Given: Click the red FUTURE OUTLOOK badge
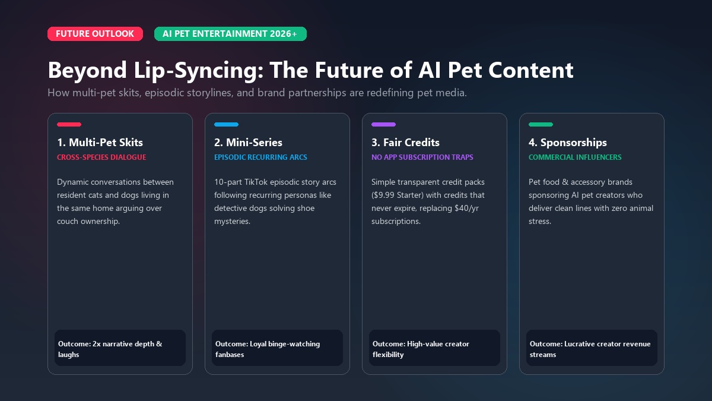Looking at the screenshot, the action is point(95,34).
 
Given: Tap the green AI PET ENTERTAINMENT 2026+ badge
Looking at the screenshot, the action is point(230,34).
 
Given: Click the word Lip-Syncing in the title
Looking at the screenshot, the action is point(199,70).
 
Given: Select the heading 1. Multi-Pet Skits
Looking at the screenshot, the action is point(100,142).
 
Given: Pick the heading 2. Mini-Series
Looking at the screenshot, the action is point(248,142).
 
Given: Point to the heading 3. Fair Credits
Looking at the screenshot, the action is point(405,142).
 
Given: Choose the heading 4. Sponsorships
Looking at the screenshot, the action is point(568,143).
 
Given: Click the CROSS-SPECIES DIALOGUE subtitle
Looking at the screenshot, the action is point(101,157).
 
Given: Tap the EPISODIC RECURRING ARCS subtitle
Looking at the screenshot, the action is point(260,157).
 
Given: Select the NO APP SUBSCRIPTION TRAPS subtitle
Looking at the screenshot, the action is point(422,157).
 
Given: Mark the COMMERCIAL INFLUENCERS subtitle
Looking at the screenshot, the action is point(575,157).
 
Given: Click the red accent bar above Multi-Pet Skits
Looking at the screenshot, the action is point(69,124).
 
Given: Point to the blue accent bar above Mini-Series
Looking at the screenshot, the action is point(226,124).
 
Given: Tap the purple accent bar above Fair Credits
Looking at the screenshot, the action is point(383,124).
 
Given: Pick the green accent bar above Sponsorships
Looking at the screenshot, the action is point(541,124).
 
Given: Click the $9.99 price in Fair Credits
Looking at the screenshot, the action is point(384,195).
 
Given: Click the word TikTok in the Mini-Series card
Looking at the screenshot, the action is point(256,182).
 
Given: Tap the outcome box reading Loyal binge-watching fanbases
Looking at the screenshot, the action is point(277,348).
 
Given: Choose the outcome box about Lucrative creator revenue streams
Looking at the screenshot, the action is point(592,348).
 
